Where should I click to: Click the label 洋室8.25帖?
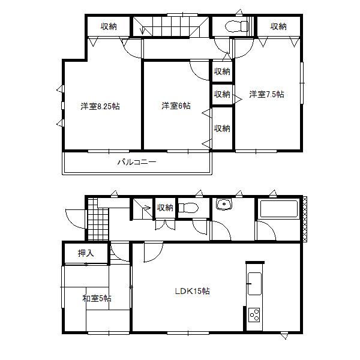pyautogui.click(x=100, y=106)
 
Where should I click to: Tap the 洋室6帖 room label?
pyautogui.click(x=176, y=106)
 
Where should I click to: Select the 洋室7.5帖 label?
pyautogui.click(x=267, y=94)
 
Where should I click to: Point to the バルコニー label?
pyautogui.click(x=136, y=162)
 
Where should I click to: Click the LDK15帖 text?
pyautogui.click(x=192, y=291)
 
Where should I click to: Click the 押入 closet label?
pyautogui.click(x=86, y=253)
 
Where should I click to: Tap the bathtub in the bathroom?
pyautogui.click(x=277, y=210)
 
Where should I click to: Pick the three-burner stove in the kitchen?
pyautogui.click(x=254, y=315)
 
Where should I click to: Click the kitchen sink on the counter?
pyautogui.click(x=254, y=283)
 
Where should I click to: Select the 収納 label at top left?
pyautogui.click(x=109, y=26)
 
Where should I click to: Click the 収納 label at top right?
pyautogui.click(x=278, y=26)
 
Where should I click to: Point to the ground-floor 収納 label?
pyautogui.click(x=165, y=208)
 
